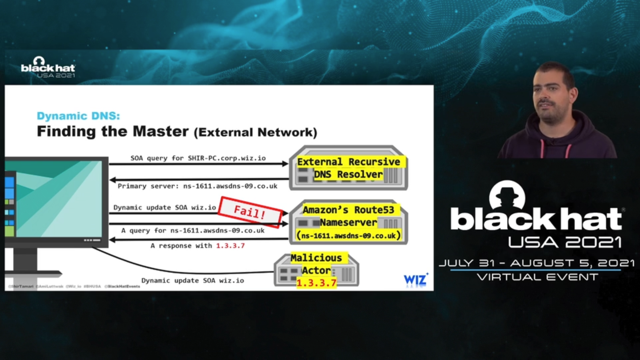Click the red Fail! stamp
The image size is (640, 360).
pos(250,212)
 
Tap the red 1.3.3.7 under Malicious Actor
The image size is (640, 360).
pos(316,283)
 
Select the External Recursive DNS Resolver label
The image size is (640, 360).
pos(349,168)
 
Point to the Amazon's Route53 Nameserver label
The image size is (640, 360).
pos(348,216)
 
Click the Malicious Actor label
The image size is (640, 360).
pos(316,264)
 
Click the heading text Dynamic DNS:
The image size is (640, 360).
pos(78,116)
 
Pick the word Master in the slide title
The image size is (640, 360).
pos(161,131)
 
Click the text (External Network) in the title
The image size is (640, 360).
pos(255,132)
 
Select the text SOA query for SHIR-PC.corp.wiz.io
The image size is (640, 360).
pos(198,158)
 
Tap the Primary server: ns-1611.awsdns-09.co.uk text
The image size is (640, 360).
pos(197,186)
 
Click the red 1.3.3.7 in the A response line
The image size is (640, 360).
pos(230,246)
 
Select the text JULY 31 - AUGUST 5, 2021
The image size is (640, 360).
pos(536,263)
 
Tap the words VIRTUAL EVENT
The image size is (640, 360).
pos(537,277)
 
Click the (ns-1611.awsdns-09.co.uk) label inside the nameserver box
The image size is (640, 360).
pos(348,236)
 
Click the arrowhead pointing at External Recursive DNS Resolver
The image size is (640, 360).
pos(285,164)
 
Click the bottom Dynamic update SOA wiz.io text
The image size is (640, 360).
pos(193,281)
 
